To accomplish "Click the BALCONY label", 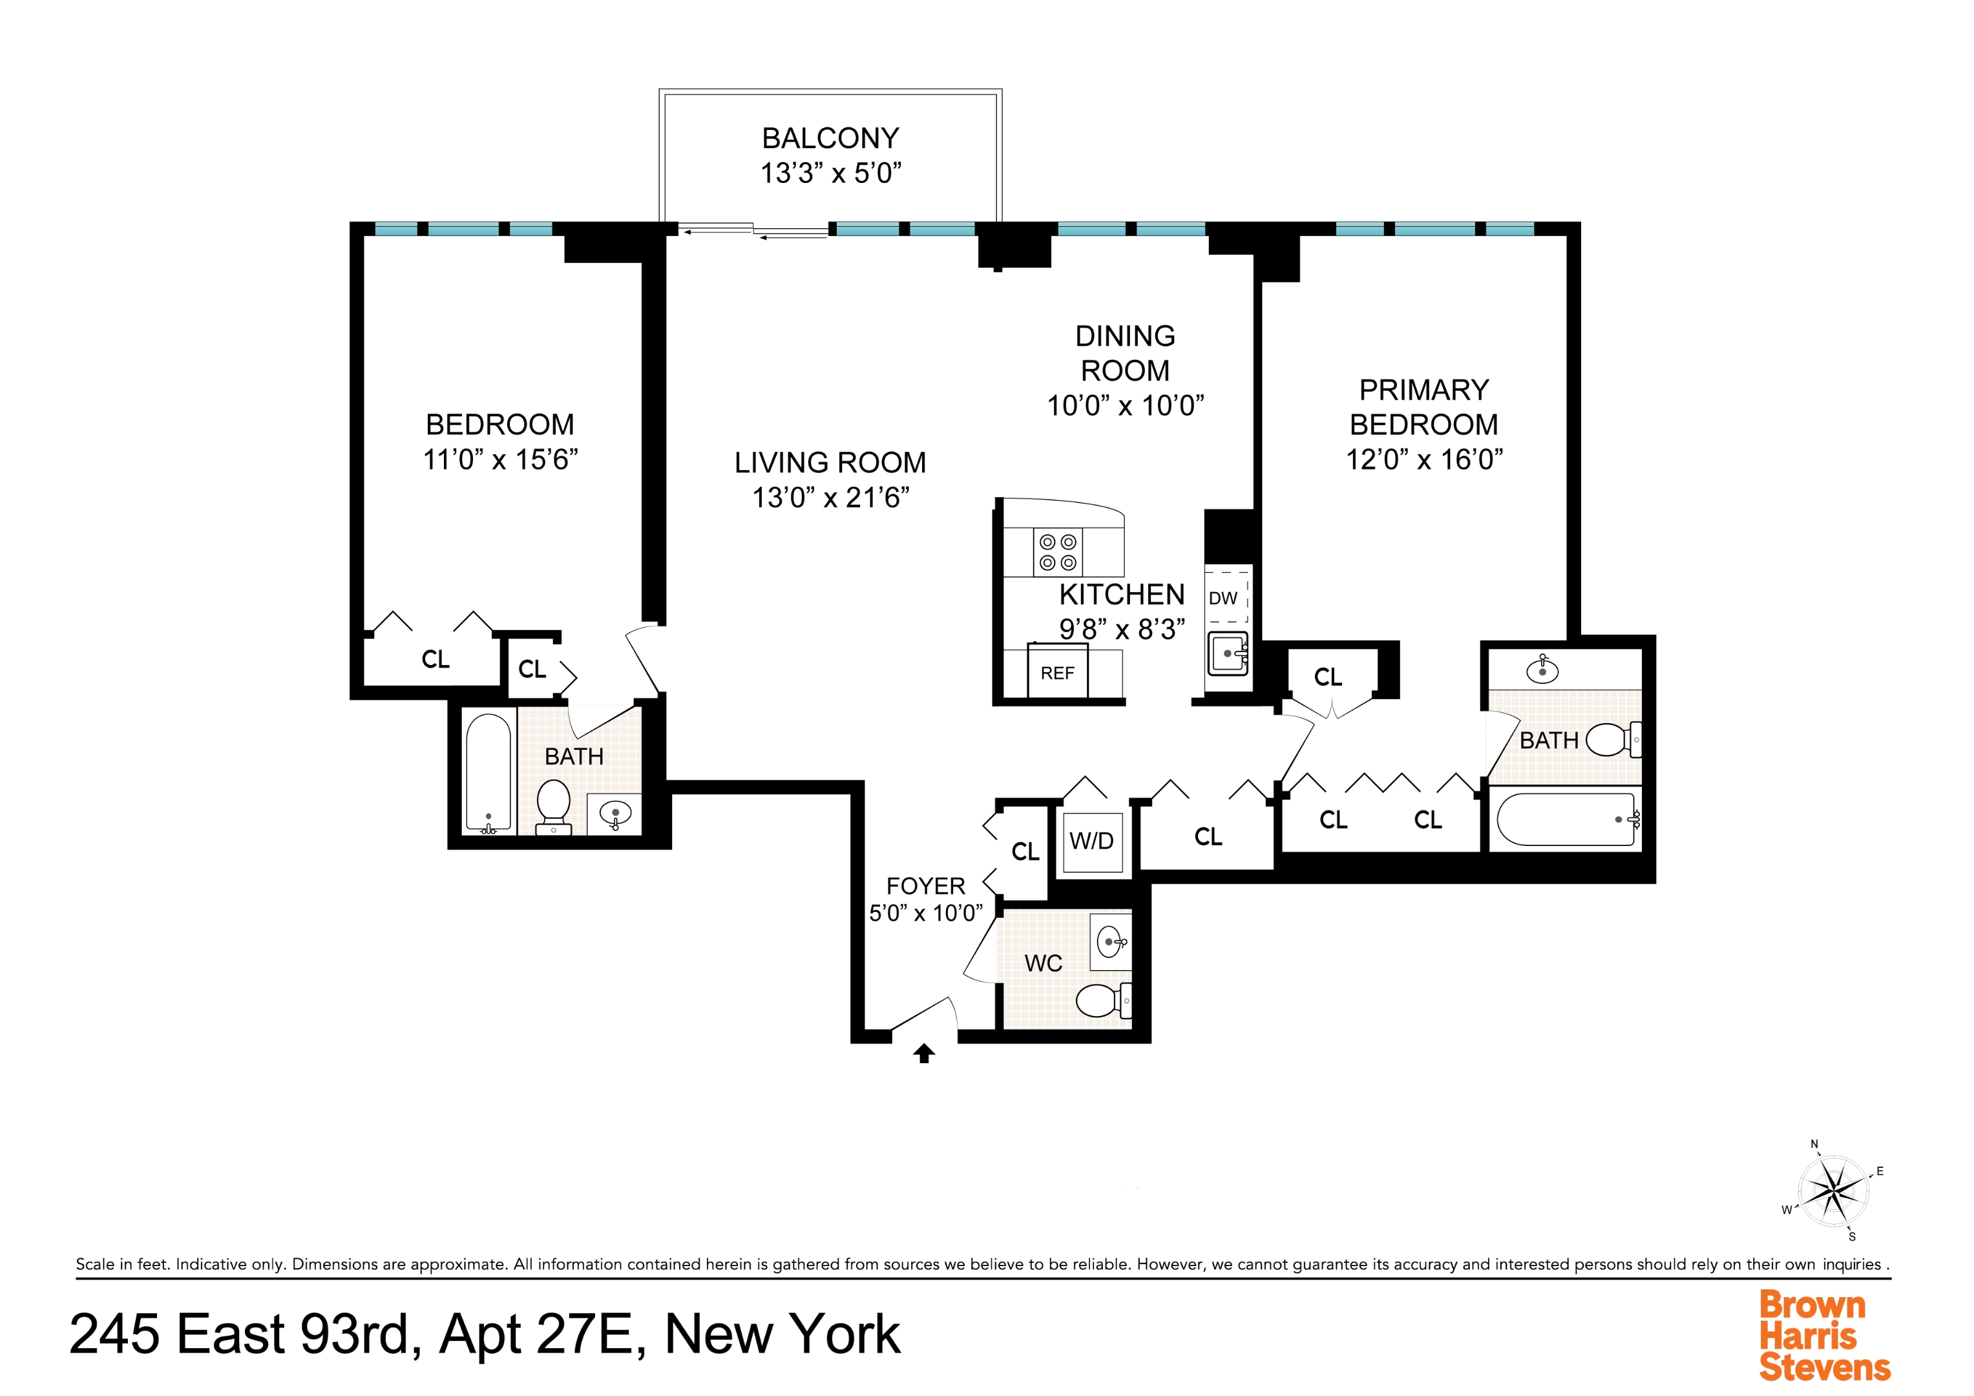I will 830,138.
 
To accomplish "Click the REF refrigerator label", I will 1056,673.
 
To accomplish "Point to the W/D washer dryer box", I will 1091,840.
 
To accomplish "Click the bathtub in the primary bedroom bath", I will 1566,820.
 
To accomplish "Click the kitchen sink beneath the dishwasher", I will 1228,653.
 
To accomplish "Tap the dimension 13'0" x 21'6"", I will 830,497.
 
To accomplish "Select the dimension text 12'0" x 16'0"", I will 1423,460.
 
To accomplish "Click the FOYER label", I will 925,886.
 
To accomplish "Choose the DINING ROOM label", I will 1124,353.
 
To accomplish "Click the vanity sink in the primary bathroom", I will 1542,669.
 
